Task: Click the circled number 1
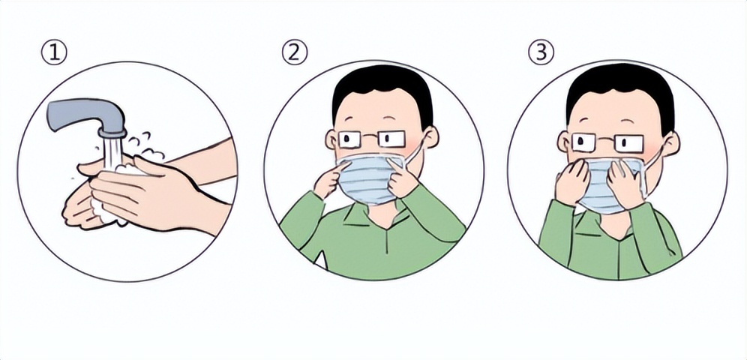click(x=54, y=52)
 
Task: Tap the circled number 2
click(x=295, y=52)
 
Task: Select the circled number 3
click(x=541, y=52)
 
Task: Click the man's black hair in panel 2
click(x=382, y=91)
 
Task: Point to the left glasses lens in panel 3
click(x=583, y=142)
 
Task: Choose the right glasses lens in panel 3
click(x=628, y=142)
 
